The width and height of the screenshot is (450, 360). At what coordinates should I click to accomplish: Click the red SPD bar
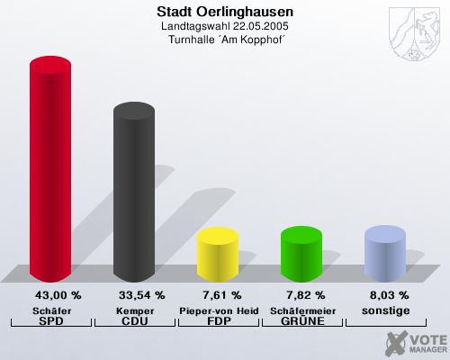[x=50, y=171]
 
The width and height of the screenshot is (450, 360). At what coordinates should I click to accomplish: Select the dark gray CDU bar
[x=133, y=193]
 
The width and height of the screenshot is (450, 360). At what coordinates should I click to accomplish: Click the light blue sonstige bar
[x=384, y=254]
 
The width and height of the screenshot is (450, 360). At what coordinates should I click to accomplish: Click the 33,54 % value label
[x=142, y=295]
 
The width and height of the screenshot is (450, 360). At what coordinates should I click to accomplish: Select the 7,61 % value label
[x=222, y=295]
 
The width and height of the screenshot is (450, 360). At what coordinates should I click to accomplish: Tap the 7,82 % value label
[x=306, y=295]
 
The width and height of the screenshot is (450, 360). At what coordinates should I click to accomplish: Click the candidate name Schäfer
[x=51, y=310]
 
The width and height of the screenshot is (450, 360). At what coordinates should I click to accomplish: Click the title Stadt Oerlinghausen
[x=225, y=13]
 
